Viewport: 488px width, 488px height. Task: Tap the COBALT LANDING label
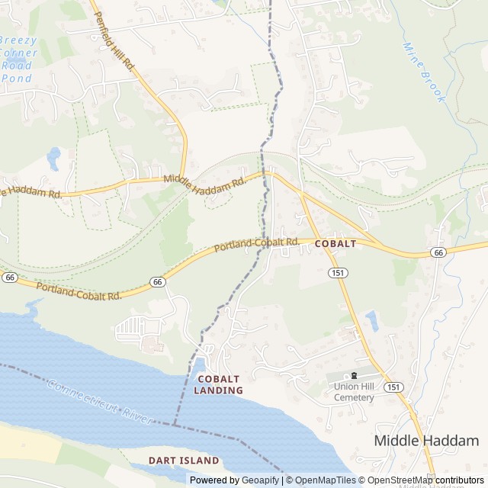coord(219,384)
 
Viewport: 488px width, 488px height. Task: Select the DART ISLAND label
coord(185,461)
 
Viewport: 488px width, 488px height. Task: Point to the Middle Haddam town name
coord(426,441)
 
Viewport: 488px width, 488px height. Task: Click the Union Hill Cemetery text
coord(354,392)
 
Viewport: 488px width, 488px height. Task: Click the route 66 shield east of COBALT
coord(437,252)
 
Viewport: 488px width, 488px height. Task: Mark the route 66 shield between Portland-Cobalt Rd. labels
coord(157,282)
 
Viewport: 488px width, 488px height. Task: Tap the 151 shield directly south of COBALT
coord(336,272)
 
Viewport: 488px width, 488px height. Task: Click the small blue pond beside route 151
coord(371,320)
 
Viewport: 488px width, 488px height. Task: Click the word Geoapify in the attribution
coord(259,480)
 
